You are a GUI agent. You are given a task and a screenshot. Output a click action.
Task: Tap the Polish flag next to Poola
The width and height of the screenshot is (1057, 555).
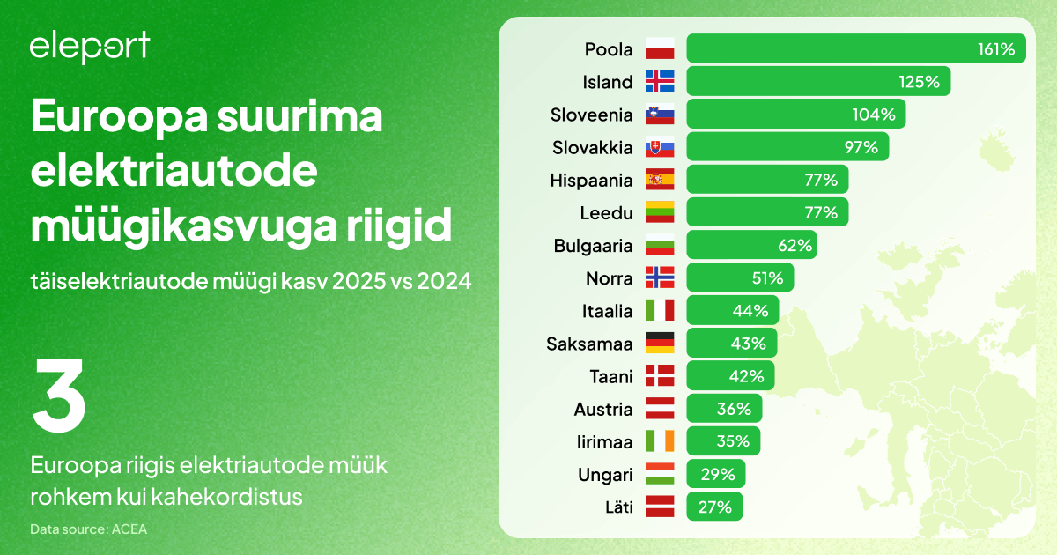[660, 49]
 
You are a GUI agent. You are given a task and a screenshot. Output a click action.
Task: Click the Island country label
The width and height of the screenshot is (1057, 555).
[608, 82]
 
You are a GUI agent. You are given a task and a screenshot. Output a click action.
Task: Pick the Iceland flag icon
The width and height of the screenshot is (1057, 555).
[660, 82]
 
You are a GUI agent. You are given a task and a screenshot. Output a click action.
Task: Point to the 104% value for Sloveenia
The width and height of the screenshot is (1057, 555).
[874, 115]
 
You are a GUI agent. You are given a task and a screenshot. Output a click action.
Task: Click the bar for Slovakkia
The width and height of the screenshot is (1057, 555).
[787, 147]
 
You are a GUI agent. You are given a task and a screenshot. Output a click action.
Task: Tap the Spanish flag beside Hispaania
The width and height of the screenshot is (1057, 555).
[660, 181]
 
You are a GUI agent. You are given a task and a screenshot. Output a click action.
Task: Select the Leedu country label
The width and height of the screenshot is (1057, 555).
[606, 213]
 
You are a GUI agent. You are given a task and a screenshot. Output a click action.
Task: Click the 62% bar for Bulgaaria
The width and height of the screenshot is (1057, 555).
[750, 246]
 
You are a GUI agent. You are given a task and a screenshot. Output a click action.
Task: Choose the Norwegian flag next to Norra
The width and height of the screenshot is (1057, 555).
[660, 278]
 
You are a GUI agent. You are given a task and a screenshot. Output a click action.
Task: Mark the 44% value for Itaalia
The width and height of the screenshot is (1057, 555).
[750, 311]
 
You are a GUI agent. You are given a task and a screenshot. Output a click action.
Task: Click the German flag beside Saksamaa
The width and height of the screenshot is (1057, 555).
[660, 344]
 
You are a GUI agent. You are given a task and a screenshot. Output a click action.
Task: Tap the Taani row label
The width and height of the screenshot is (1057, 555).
[611, 376]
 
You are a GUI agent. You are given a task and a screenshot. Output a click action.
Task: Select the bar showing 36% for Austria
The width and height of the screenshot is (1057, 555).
[724, 409]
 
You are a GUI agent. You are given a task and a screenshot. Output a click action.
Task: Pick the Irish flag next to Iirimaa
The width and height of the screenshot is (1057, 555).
[660, 441]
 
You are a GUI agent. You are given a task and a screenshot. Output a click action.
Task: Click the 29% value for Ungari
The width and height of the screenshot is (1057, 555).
[718, 475]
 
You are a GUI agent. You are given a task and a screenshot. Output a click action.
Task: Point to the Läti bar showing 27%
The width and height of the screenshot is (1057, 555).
[714, 507]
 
